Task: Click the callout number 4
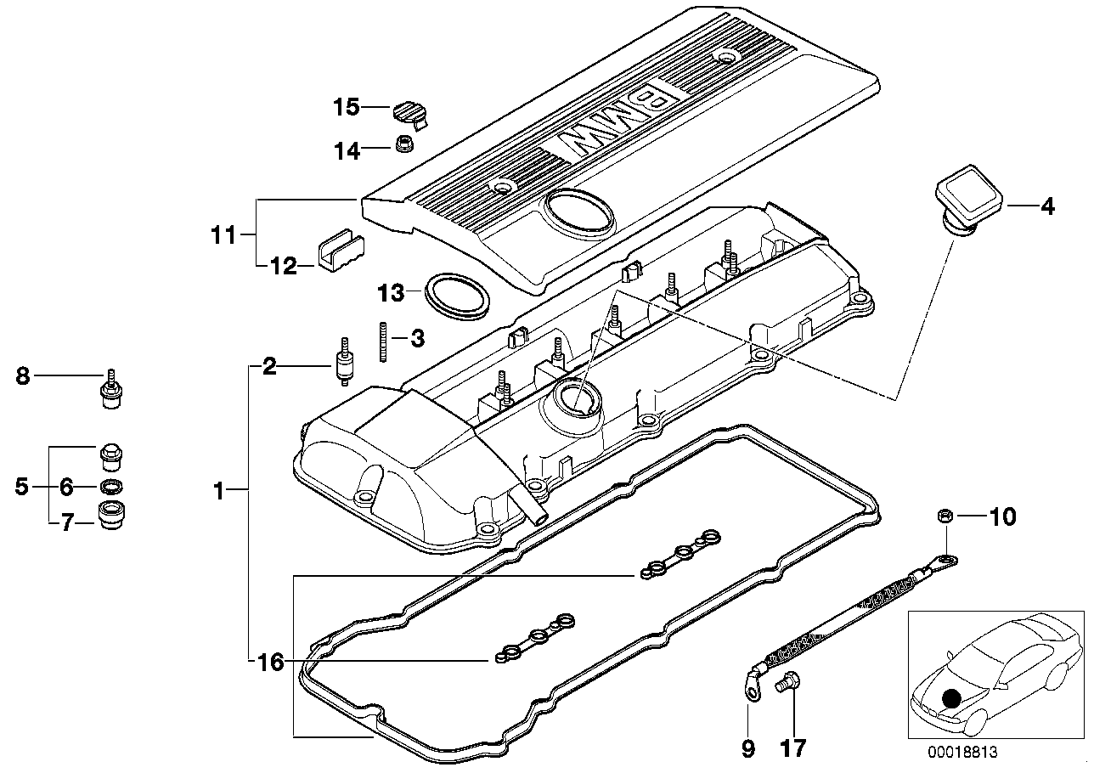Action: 1047,206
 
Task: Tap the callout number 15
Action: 347,108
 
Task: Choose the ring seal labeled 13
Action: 458,295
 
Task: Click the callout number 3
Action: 417,339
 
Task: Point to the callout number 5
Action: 22,487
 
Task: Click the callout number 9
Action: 747,748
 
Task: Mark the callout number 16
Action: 270,663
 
